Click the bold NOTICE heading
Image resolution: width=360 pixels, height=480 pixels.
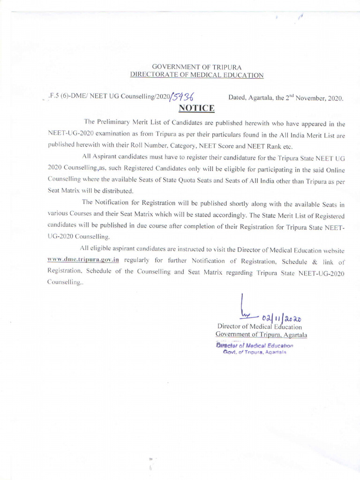[196, 109]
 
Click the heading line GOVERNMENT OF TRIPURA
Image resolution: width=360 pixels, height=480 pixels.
[196, 67]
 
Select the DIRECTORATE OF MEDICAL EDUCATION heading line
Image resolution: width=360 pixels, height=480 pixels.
[196, 75]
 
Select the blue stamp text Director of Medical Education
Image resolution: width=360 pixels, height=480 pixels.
[254, 345]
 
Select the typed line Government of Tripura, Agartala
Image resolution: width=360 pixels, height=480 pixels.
[261, 334]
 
